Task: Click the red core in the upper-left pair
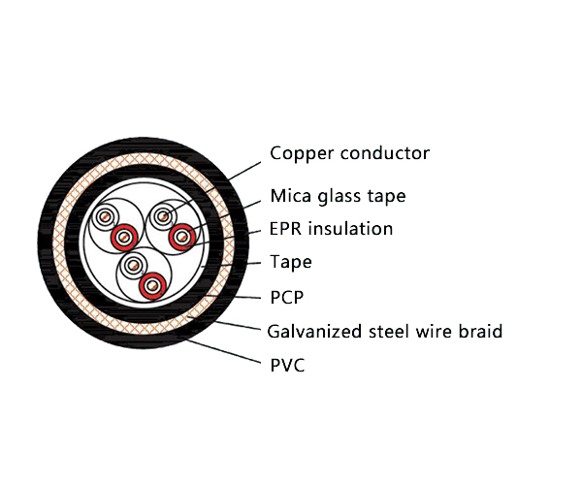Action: [x=121, y=238]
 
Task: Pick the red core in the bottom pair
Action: [x=150, y=285]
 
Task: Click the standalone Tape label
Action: [x=291, y=262]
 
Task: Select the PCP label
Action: [x=287, y=296]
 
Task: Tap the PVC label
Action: [x=288, y=365]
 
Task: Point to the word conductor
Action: [x=381, y=153]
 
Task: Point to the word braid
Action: [x=479, y=332]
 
